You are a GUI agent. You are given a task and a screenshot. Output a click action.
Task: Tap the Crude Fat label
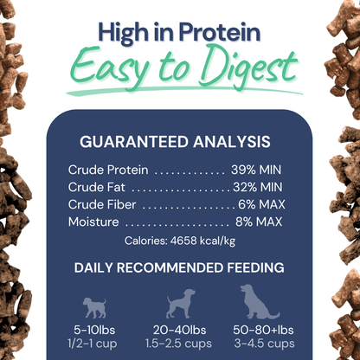96,187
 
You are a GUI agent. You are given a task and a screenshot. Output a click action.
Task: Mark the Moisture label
94,222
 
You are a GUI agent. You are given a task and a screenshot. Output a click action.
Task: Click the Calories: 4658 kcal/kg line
179,241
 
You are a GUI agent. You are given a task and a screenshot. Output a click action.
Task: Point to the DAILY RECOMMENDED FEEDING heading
179,267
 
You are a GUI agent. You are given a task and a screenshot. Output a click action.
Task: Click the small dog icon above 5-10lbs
93,307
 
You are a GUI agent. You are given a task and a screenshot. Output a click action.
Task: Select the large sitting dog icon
256,302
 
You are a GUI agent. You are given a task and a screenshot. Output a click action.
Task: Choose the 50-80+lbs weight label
259,332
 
